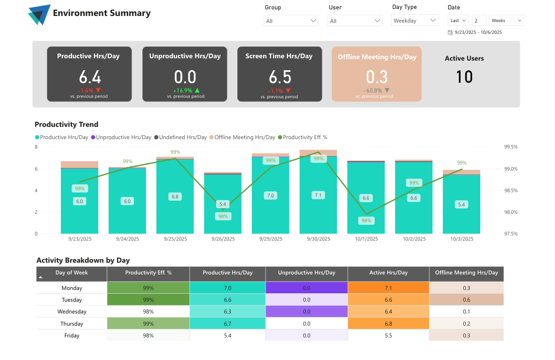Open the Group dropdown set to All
(x=291, y=21)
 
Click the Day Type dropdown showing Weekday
(x=414, y=20)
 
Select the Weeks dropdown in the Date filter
(x=506, y=20)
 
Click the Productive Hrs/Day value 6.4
(x=90, y=77)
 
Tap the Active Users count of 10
(x=464, y=77)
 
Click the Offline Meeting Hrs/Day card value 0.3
(x=376, y=77)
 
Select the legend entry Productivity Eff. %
(x=305, y=137)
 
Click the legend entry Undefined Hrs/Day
(x=182, y=137)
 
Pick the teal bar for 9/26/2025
(x=222, y=221)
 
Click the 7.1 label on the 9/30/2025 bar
(x=318, y=195)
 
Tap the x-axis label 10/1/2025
(x=366, y=239)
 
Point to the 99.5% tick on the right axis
(x=510, y=147)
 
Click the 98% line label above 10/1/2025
(x=366, y=220)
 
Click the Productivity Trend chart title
(x=66, y=125)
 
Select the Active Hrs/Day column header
(x=388, y=273)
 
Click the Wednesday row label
(x=71, y=311)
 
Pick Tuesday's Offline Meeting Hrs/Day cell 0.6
(x=466, y=299)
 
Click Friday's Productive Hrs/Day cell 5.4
(x=227, y=335)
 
